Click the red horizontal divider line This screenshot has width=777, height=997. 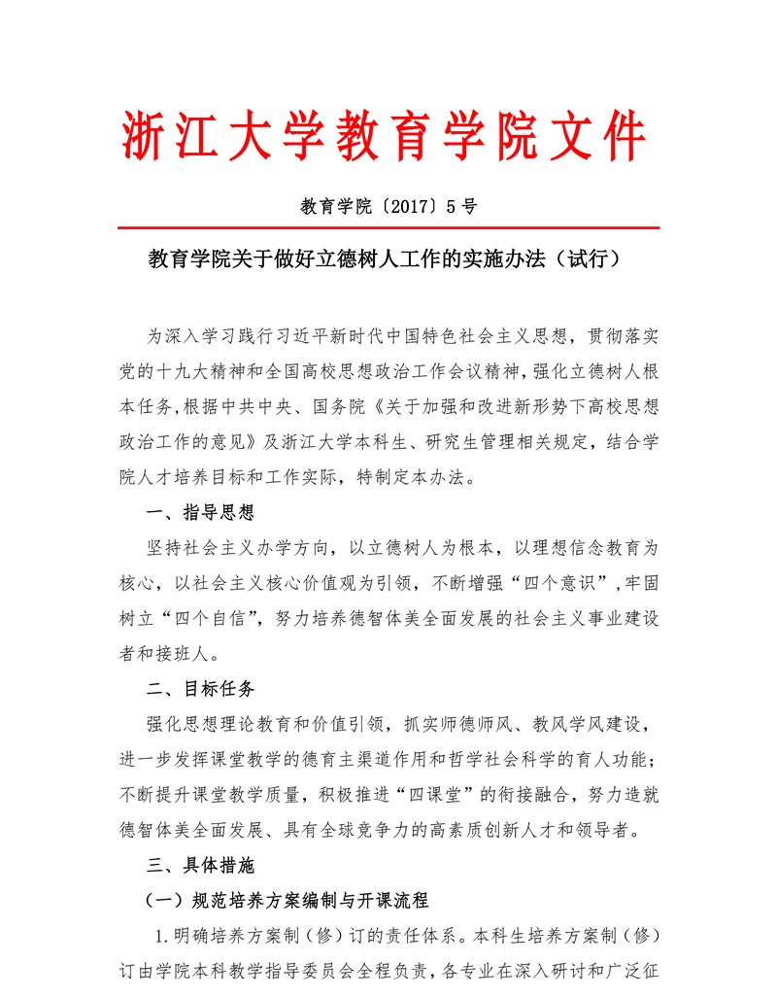tap(388, 228)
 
